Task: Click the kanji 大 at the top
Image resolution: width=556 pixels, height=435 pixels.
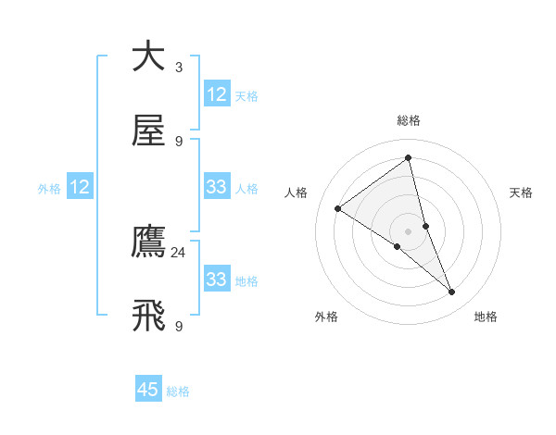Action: coord(148,56)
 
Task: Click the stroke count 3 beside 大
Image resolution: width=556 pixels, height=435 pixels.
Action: coord(179,68)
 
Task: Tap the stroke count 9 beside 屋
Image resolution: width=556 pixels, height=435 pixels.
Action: coord(179,142)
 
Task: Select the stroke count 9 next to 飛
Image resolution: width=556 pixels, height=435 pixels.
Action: coord(179,327)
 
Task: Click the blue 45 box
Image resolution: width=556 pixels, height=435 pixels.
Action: coord(148,390)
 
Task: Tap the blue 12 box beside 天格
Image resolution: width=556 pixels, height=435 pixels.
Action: coord(217,94)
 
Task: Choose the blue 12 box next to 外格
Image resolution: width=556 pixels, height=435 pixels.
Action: coord(80,187)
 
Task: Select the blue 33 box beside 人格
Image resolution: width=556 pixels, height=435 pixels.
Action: coord(217,187)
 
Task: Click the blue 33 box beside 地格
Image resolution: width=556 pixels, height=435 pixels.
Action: coord(217,280)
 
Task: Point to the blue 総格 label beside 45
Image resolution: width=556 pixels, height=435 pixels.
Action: coord(178,391)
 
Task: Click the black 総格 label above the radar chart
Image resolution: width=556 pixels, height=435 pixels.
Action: coord(408,120)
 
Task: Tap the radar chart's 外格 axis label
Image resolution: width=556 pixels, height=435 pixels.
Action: coord(326,317)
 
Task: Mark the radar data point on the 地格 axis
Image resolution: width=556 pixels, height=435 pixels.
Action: coord(452,292)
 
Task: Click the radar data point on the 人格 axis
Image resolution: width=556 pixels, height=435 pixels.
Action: coord(338,208)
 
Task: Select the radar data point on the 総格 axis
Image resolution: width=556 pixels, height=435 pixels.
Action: coord(408,158)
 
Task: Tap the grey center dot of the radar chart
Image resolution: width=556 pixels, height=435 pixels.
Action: coord(408,230)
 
